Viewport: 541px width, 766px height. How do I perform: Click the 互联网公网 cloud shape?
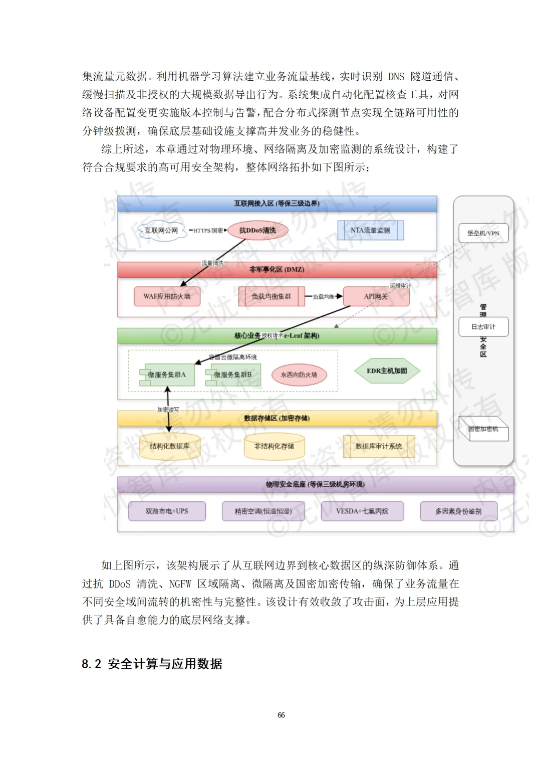click(x=161, y=231)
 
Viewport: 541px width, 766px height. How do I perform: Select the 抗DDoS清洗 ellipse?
click(x=257, y=231)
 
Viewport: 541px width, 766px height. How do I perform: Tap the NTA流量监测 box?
click(x=370, y=231)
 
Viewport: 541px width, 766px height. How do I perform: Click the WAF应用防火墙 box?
click(x=167, y=296)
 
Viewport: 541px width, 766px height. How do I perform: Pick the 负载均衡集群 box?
click(x=271, y=296)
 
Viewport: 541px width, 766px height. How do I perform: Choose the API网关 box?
click(x=376, y=296)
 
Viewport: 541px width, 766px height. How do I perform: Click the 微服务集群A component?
click(x=167, y=375)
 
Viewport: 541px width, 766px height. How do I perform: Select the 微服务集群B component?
click(x=233, y=375)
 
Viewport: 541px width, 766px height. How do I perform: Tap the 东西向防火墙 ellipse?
click(x=299, y=375)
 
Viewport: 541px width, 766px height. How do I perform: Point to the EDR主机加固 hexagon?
click(x=387, y=371)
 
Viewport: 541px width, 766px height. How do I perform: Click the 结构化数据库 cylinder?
click(x=169, y=446)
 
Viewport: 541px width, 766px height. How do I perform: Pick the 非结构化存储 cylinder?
click(x=274, y=446)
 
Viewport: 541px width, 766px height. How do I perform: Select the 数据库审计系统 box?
click(x=379, y=446)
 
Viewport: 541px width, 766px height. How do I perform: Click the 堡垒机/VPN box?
click(x=483, y=233)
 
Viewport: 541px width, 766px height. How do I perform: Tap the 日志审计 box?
click(x=483, y=327)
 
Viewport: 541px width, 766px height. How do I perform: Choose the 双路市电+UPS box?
click(x=167, y=511)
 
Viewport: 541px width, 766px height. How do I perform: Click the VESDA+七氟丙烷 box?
click(x=362, y=511)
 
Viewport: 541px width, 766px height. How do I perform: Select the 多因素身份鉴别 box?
click(x=458, y=511)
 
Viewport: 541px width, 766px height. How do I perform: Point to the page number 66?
click(x=281, y=715)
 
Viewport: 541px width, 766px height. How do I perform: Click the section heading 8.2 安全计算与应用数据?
click(x=152, y=664)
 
